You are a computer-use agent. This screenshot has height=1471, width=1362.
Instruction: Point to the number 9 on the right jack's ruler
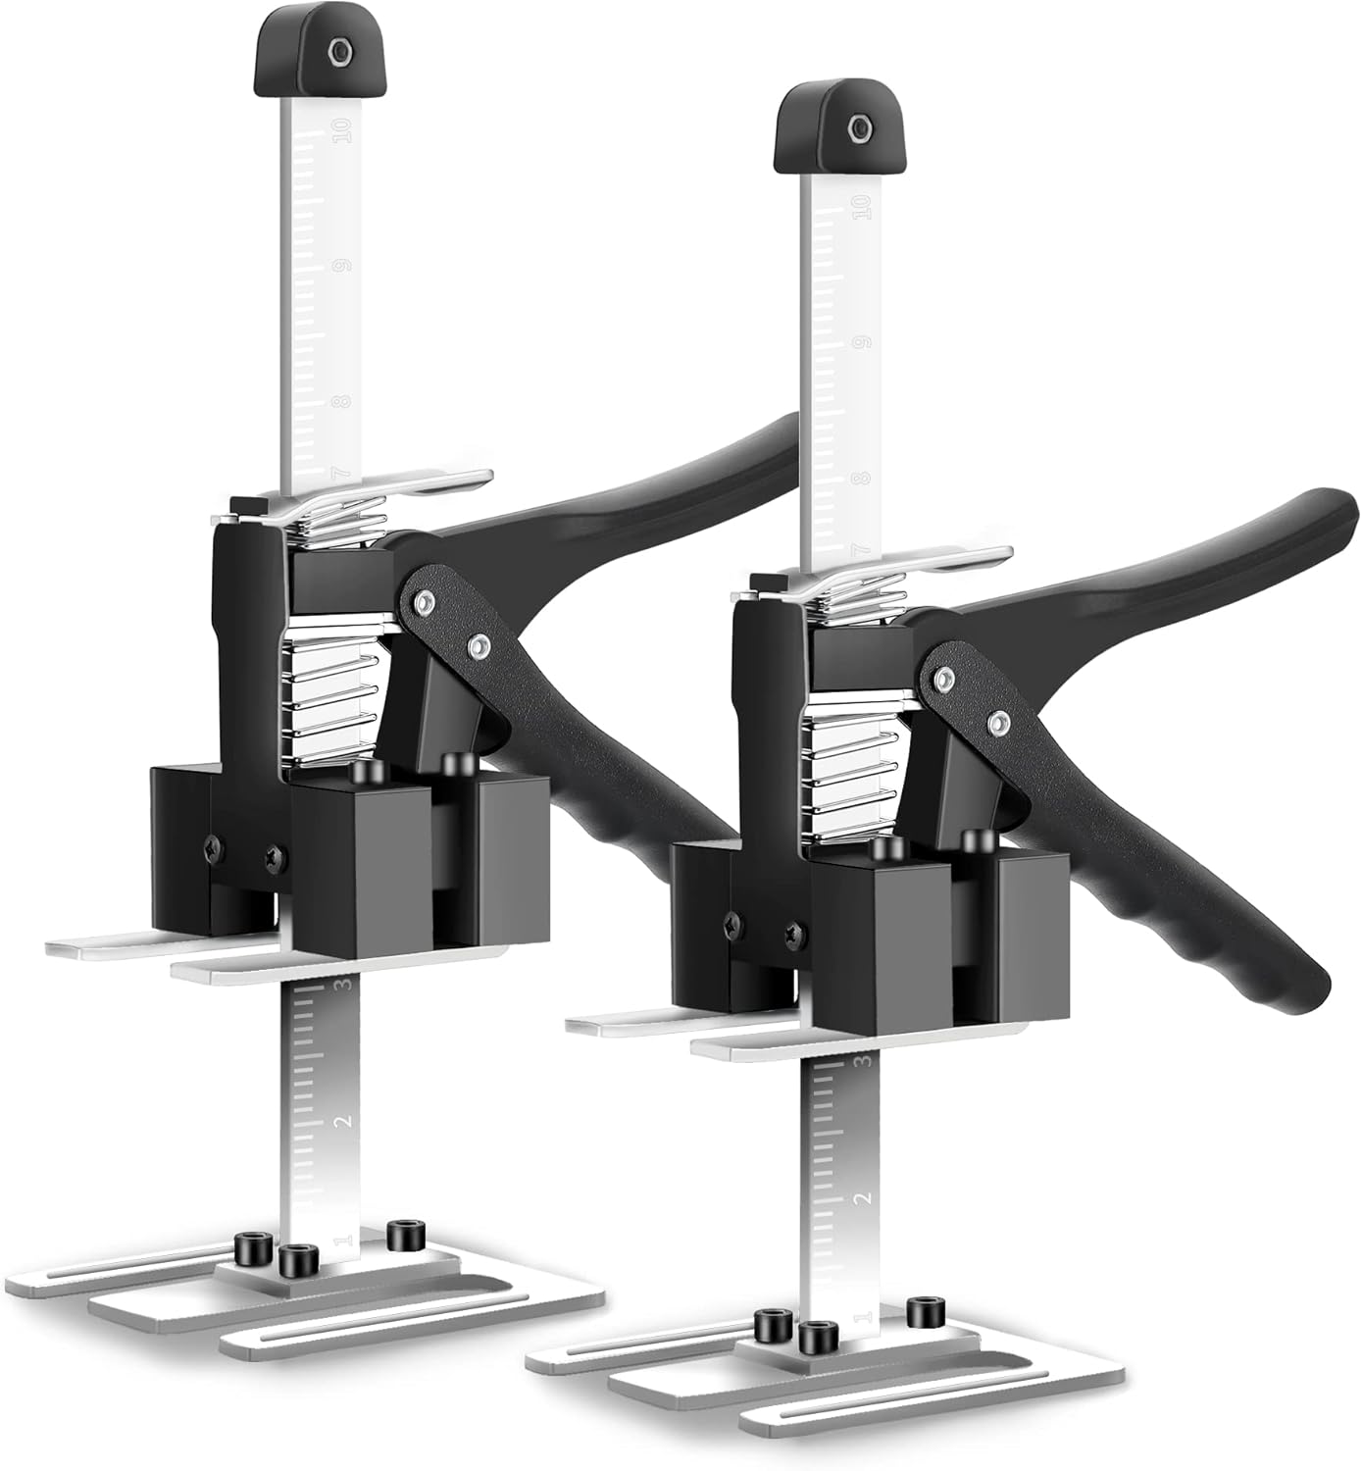click(863, 342)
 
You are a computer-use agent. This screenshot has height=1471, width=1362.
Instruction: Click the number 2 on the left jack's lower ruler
click(342, 1120)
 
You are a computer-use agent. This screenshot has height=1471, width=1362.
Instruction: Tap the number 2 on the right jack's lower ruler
click(864, 1198)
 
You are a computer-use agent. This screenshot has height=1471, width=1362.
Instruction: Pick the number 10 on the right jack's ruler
click(863, 208)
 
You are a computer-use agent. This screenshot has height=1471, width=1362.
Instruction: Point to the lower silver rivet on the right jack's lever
click(997, 724)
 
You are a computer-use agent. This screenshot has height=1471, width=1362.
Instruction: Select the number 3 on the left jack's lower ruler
click(342, 986)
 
